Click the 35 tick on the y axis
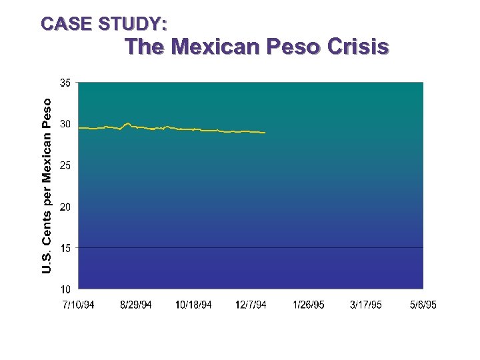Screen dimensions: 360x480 click(65, 83)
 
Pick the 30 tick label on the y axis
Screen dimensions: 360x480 click(65, 124)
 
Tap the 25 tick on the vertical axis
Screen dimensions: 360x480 click(65, 165)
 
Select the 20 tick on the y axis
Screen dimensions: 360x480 click(65, 207)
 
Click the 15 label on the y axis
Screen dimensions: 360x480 click(65, 248)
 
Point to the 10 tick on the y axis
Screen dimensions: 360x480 click(65, 289)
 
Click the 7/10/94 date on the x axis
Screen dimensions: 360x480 click(78, 305)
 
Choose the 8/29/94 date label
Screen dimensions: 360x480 click(136, 305)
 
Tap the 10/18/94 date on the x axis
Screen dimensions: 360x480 click(193, 305)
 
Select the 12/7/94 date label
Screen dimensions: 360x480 click(251, 305)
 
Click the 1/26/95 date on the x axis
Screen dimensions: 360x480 click(309, 305)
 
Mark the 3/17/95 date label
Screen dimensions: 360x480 click(366, 305)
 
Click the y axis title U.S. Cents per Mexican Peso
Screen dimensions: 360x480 click(47, 185)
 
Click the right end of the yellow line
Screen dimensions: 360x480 click(265, 133)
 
